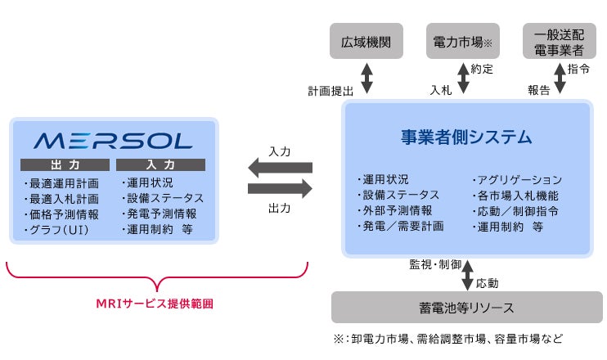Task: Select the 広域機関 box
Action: coord(366,41)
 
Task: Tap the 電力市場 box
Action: coord(462,41)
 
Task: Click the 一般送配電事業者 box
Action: coord(559,41)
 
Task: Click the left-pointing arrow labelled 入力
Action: coord(280,168)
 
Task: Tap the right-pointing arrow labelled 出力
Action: coord(280,189)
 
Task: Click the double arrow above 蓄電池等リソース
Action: coord(467,273)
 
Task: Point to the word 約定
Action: coord(483,70)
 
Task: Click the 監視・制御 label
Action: coord(434,265)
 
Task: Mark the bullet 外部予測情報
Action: coord(393,210)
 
